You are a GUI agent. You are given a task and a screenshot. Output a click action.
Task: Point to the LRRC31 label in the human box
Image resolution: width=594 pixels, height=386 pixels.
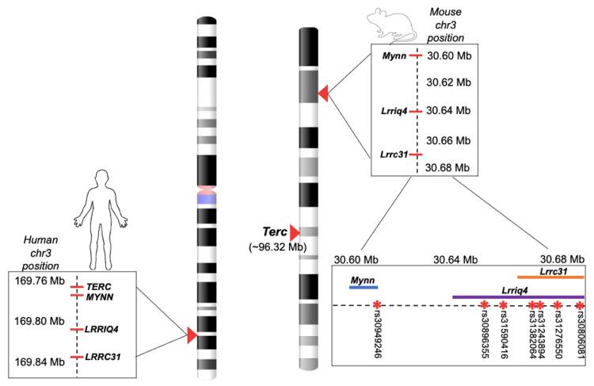[x=105, y=357]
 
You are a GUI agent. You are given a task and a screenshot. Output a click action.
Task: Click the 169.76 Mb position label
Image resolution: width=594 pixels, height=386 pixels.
[x=36, y=279]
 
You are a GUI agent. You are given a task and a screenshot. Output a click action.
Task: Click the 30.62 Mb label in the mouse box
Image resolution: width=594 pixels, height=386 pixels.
[x=448, y=82]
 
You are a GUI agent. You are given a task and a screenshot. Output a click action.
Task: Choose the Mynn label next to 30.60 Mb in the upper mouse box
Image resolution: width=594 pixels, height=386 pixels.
[x=394, y=57]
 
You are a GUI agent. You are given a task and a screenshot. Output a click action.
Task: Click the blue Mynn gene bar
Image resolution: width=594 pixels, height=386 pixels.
[x=364, y=288]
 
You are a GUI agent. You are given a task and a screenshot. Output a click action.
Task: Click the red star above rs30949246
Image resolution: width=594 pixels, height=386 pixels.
[x=377, y=305]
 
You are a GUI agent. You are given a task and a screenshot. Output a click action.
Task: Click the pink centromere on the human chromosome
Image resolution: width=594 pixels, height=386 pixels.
[x=207, y=193]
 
